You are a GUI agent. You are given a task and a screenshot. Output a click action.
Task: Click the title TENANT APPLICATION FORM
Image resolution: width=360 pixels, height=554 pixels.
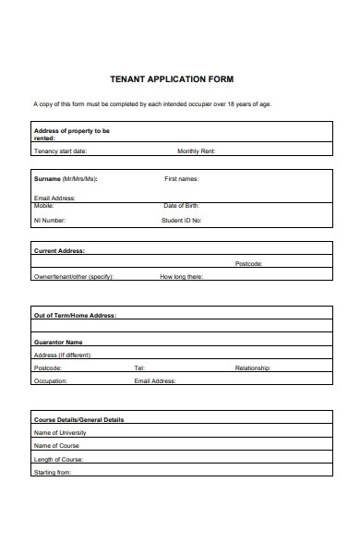click(x=180, y=79)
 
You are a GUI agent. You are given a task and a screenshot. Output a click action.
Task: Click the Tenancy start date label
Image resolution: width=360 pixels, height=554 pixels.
click(x=60, y=151)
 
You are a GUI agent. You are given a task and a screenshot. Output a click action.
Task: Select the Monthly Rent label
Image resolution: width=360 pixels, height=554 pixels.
click(x=196, y=151)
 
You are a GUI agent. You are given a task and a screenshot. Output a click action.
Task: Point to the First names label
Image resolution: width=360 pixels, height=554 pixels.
click(x=181, y=178)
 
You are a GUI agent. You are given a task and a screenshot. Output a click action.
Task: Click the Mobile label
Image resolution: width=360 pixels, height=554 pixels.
click(x=43, y=206)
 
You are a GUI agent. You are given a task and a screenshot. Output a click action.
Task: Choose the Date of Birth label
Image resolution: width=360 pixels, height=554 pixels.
click(x=182, y=206)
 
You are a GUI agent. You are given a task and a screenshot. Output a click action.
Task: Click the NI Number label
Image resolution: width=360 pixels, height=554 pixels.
click(x=50, y=221)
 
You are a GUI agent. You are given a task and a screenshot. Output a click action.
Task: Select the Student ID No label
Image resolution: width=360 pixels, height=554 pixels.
click(x=182, y=221)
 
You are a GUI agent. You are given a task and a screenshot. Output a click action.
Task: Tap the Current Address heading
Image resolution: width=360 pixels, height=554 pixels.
click(x=59, y=250)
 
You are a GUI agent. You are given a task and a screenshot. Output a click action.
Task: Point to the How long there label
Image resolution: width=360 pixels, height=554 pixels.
click(x=181, y=276)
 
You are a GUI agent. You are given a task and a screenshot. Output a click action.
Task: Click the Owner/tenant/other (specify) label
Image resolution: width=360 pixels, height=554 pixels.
click(x=73, y=276)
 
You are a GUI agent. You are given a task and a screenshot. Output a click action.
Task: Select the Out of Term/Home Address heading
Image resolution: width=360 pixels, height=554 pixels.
click(x=75, y=315)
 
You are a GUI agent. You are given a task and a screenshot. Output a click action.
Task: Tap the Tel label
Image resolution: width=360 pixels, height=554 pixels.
click(x=139, y=367)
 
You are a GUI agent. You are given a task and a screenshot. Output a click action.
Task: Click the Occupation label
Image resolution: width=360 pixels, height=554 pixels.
click(x=51, y=380)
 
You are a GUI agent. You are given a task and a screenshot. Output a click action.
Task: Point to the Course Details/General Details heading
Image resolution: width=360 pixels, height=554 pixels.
click(x=78, y=419)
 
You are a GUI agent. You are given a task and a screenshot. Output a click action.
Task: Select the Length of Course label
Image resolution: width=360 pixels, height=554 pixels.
click(x=59, y=459)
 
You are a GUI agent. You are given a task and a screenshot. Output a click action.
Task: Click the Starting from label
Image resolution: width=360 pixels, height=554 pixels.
click(x=52, y=472)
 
